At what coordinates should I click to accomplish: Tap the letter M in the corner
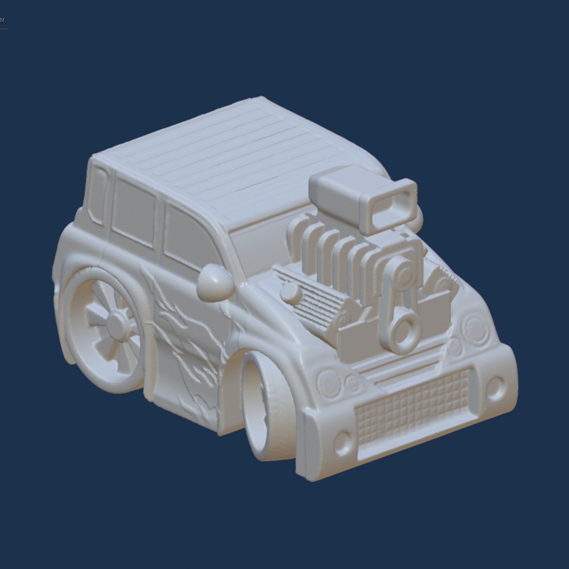[3, 20]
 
